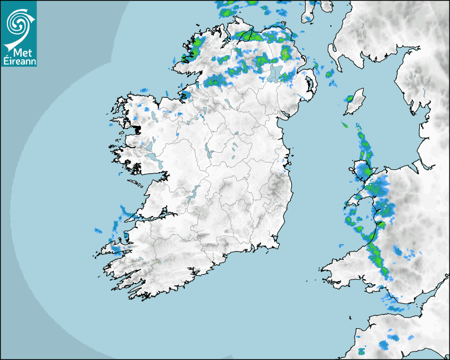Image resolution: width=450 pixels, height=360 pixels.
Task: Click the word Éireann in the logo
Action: [x=19, y=61]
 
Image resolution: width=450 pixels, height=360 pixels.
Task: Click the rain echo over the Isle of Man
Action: [x=349, y=98]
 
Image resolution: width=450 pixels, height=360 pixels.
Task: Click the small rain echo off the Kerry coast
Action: [x=98, y=231]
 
